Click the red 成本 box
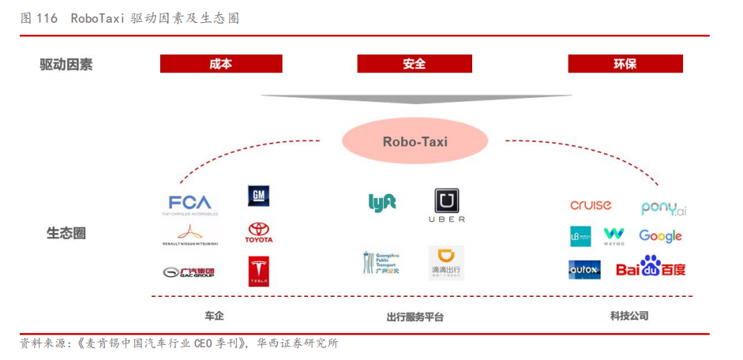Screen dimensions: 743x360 tap(221, 64)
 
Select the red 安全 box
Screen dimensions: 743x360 tap(415, 64)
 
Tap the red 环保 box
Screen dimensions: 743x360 tap(625, 64)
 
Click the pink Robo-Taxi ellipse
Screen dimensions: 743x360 tap(415, 142)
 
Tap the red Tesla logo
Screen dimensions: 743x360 tap(259, 271)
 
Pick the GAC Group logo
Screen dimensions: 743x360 tap(188, 272)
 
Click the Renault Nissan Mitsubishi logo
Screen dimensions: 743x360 tap(190, 234)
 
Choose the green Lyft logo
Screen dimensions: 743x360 tap(382, 202)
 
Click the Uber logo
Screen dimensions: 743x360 tap(446, 205)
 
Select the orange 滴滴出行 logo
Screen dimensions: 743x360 tap(446, 263)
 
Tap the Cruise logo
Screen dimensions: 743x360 tap(591, 205)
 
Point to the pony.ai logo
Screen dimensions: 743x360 tap(663, 208)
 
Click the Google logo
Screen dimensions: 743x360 tap(660, 236)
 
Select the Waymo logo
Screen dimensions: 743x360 tap(614, 236)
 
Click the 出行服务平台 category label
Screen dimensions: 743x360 tap(415, 317)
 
